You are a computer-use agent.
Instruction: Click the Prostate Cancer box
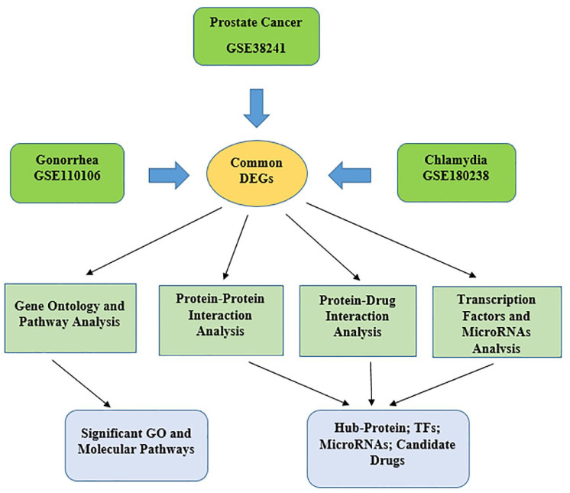click(256, 37)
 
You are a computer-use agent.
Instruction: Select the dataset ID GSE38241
click(256, 48)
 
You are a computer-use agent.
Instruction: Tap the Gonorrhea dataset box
click(67, 173)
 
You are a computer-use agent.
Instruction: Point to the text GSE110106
click(67, 176)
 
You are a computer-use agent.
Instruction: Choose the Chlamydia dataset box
click(457, 172)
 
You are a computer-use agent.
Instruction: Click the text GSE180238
click(456, 176)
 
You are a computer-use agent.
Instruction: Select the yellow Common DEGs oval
click(257, 174)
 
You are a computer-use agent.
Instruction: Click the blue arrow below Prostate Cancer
click(257, 109)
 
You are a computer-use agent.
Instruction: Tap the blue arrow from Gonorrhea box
click(169, 175)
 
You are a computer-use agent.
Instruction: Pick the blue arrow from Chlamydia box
click(350, 175)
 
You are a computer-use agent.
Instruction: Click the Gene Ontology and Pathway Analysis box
click(70, 318)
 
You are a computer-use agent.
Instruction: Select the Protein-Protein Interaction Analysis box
click(221, 320)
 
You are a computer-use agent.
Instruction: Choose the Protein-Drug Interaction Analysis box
click(358, 321)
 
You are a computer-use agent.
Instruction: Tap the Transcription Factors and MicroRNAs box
click(497, 322)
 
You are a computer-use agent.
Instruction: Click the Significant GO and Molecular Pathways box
click(136, 446)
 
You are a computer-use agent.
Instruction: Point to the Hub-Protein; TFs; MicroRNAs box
click(388, 449)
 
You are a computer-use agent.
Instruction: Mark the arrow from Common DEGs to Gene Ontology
click(154, 241)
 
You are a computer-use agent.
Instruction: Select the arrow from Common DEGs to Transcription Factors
click(391, 240)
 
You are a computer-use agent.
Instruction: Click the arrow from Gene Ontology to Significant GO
click(81, 384)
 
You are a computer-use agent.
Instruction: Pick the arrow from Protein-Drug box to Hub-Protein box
click(371, 384)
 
